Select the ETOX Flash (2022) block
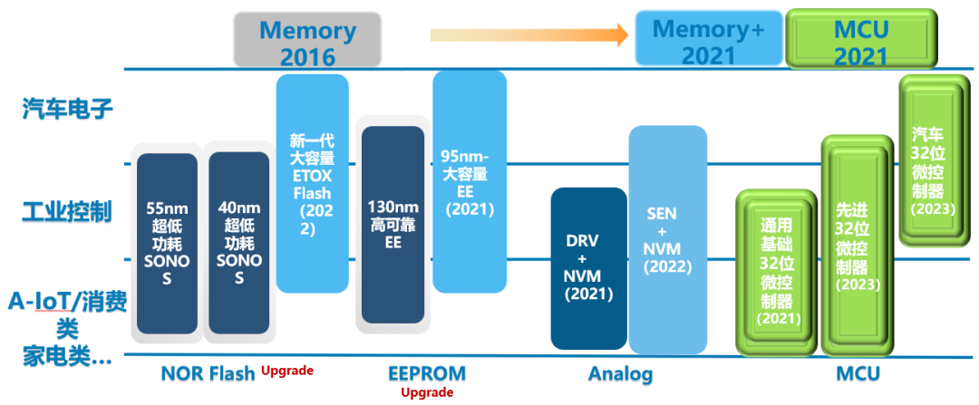pos(312,183)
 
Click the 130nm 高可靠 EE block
pos(393,225)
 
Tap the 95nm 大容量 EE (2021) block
pos(469,181)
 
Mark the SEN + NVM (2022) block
pos(668,239)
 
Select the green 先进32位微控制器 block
pos(851,245)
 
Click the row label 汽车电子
pos(67,111)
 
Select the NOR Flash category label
pos(208,373)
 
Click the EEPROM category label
pos(426,373)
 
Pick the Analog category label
pos(620,373)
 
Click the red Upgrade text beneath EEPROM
pos(426,392)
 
